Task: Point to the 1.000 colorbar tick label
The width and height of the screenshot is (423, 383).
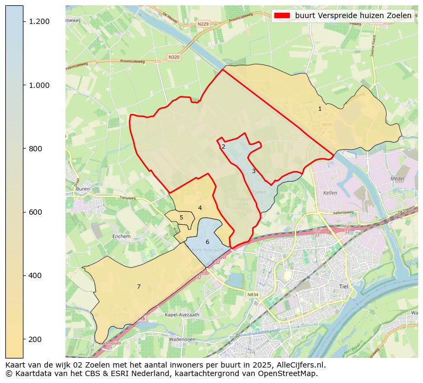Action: [x=39, y=85]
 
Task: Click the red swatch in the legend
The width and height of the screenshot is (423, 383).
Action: [x=282, y=16]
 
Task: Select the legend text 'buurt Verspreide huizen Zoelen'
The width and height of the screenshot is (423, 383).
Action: [x=353, y=16]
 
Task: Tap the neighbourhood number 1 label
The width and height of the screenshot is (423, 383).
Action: [x=320, y=109]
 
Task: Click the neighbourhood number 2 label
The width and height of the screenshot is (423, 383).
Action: [x=223, y=146]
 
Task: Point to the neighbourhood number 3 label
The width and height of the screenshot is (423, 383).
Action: [x=254, y=171]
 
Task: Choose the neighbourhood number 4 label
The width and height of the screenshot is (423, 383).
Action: [x=200, y=208]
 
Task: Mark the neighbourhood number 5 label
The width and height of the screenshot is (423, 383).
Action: [x=181, y=217]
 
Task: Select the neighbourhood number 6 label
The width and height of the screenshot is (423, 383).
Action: [x=207, y=242]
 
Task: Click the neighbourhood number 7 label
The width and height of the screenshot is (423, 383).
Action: [x=139, y=287]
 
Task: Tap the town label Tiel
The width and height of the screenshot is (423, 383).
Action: [x=343, y=287]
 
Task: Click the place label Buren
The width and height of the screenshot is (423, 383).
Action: [x=83, y=189]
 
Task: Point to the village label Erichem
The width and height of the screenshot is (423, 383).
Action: [x=121, y=236]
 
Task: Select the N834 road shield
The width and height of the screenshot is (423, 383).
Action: [x=253, y=295]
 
